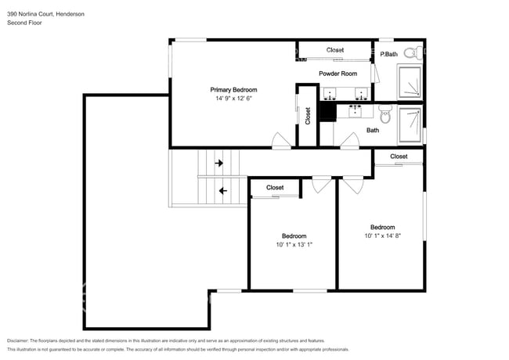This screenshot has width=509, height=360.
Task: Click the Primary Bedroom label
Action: point(233,90)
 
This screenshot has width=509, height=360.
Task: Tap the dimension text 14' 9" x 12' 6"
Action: point(233,99)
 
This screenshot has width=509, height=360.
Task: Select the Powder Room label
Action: point(338,74)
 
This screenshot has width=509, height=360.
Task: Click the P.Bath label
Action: point(389,54)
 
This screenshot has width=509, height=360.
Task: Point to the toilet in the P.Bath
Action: point(417,52)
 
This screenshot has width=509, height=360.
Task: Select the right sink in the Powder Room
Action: point(361,94)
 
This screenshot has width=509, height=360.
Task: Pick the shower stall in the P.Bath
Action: point(410,82)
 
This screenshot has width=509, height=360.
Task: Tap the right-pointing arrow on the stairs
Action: point(219,164)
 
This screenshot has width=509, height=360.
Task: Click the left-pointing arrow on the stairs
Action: point(223,189)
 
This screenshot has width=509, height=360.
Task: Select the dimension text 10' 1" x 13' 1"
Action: point(294,245)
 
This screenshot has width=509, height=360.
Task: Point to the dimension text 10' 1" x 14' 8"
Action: point(382,236)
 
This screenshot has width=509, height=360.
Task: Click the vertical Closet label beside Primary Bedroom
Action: point(308,116)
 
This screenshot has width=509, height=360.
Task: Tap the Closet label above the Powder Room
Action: point(335,50)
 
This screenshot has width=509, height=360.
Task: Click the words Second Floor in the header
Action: point(24,23)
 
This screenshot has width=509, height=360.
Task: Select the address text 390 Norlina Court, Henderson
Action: point(46,13)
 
